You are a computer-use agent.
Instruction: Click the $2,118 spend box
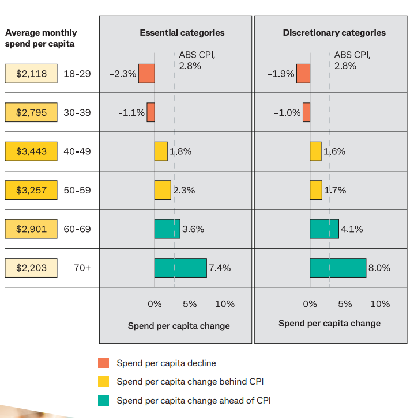[31, 74]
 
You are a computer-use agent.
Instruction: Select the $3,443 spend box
[31, 151]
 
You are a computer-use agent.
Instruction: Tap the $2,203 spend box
[31, 268]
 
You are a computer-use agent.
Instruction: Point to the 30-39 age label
[77, 113]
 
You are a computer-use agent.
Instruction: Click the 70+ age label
[82, 268]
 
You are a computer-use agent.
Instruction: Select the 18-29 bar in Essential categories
[146, 74]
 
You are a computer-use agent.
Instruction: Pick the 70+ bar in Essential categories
[180, 268]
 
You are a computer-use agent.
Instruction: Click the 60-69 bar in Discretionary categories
[324, 229]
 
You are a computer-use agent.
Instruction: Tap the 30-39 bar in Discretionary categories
[306, 113]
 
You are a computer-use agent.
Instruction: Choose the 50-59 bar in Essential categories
[163, 190]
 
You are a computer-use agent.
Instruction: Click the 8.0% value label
[379, 268]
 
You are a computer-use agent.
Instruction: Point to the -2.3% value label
[123, 74]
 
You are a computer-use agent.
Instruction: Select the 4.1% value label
[352, 229]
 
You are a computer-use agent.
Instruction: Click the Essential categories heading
[182, 33]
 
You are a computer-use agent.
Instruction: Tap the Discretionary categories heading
[334, 33]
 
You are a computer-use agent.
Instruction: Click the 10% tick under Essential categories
[225, 304]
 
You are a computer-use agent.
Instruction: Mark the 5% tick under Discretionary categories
[345, 304]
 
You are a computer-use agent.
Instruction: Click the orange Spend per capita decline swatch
[104, 363]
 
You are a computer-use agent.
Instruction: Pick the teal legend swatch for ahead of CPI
[104, 400]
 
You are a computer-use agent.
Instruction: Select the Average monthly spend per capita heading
[41, 38]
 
